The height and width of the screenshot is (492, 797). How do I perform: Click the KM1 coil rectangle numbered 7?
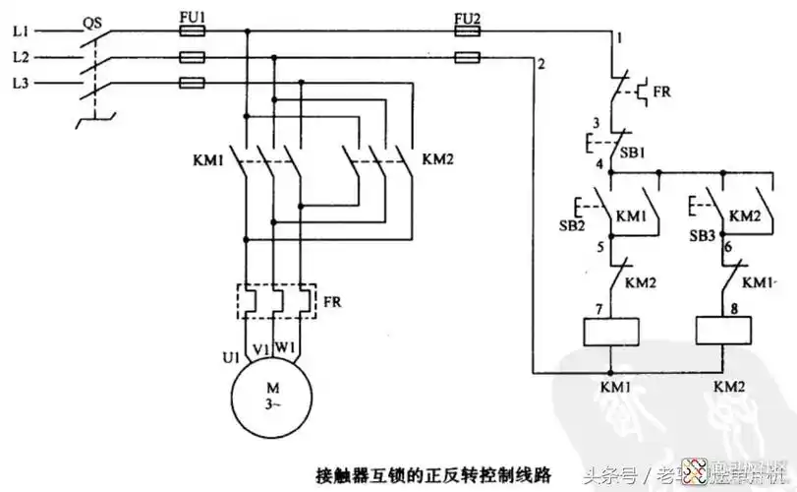click(611, 331)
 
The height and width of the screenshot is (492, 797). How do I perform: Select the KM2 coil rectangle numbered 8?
click(724, 331)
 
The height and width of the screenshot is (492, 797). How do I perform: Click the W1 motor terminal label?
click(285, 347)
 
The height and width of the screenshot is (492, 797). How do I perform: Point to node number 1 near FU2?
click(620, 38)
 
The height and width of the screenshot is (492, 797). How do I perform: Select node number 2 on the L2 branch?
click(541, 66)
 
